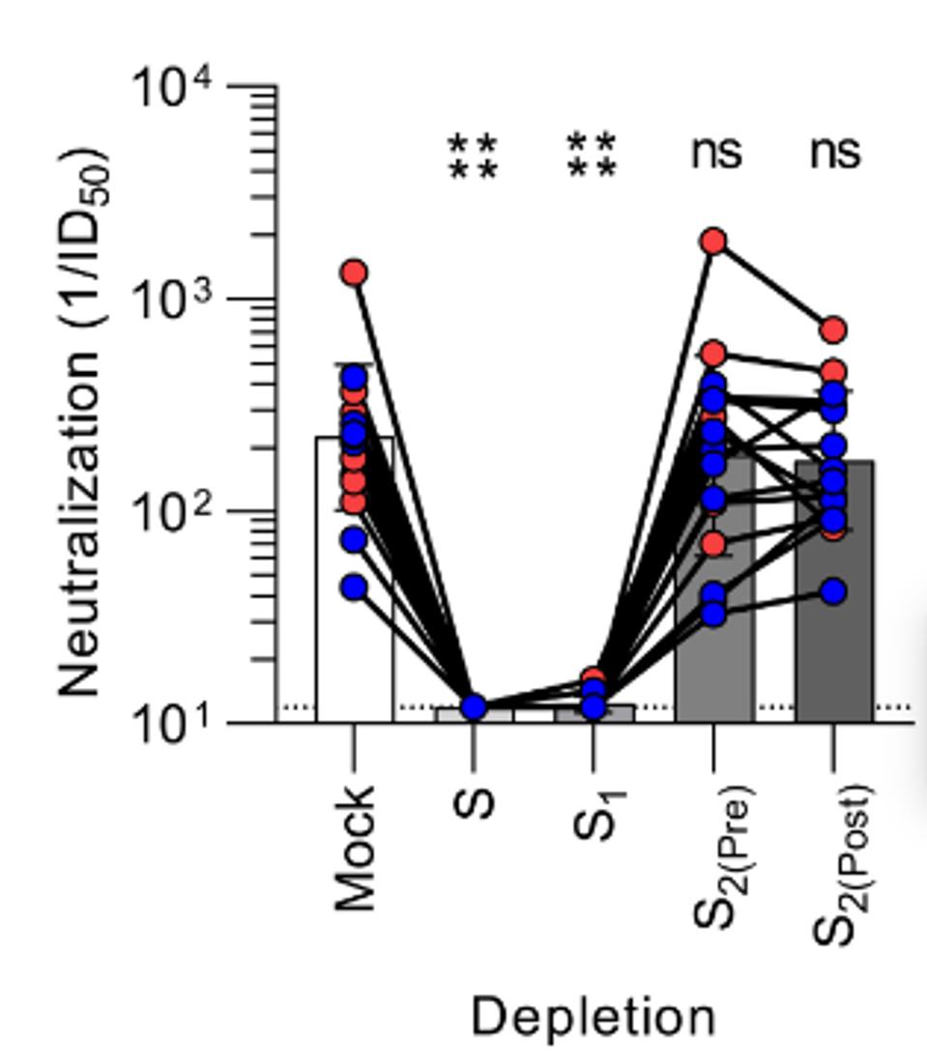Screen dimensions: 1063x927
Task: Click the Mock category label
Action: pyautogui.click(x=354, y=848)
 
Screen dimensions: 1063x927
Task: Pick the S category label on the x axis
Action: pyautogui.click(x=474, y=802)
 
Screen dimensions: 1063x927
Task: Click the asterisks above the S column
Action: pyautogui.click(x=473, y=158)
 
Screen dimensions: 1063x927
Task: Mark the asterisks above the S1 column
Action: pyautogui.click(x=592, y=158)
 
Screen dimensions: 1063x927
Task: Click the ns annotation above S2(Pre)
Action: pyautogui.click(x=715, y=153)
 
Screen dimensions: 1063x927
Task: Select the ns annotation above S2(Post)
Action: pyautogui.click(x=835, y=153)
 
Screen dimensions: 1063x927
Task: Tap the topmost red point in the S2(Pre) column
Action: pyautogui.click(x=713, y=241)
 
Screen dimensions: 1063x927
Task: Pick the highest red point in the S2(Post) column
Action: pyautogui.click(x=833, y=330)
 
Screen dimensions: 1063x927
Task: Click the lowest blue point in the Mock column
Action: pyautogui.click(x=355, y=588)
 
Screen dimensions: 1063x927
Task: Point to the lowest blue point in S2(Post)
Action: pyautogui.click(x=833, y=591)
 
